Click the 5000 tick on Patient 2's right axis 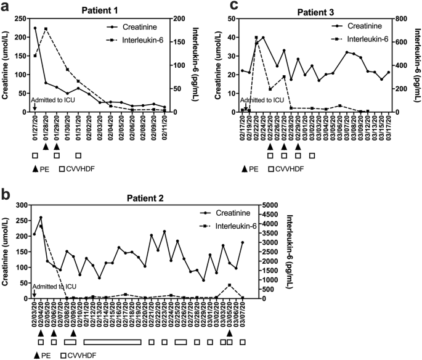pos(262,205)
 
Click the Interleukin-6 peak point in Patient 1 pos(46,29)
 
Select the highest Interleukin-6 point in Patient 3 pos(256,38)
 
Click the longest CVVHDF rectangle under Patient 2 pos(112,342)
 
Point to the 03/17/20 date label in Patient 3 pos(389,124)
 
